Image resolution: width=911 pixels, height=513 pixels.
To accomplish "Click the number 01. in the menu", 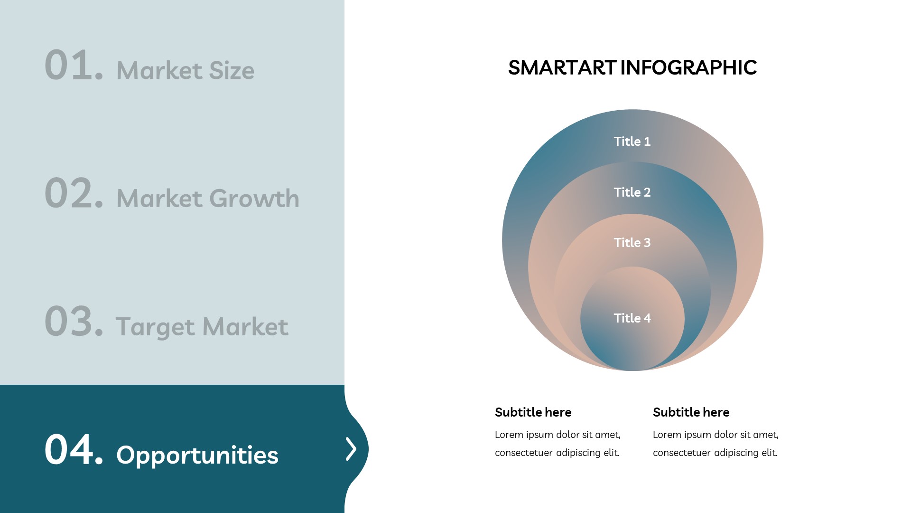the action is coord(74,65).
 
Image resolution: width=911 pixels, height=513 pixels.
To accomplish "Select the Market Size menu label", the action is coord(186,70).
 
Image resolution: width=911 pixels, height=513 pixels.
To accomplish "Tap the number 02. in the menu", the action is coord(74,193).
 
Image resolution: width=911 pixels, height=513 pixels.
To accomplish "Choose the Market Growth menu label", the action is coord(208,198).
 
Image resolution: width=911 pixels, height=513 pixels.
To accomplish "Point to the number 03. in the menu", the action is coord(74,322).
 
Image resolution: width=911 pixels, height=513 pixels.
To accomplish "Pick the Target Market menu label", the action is coord(202,327).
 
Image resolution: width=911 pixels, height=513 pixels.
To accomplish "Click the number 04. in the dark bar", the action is coord(74,450).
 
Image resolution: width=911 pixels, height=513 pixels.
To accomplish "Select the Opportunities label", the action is coord(197,455).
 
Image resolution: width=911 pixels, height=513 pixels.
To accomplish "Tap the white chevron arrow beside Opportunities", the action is coord(351,449).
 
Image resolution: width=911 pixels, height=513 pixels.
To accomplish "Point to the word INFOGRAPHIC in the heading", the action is coord(688,67).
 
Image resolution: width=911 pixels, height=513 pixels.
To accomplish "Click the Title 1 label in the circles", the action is coord(632,142).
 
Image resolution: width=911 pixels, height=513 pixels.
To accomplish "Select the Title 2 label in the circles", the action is coord(632,192).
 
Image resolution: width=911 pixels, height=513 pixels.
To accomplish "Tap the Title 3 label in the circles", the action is coord(632,243).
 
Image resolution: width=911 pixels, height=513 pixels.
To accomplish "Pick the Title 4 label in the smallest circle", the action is coord(632,318).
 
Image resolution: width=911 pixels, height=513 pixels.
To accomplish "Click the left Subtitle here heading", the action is coord(533,412).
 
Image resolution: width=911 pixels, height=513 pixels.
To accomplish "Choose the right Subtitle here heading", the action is coord(691,412).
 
